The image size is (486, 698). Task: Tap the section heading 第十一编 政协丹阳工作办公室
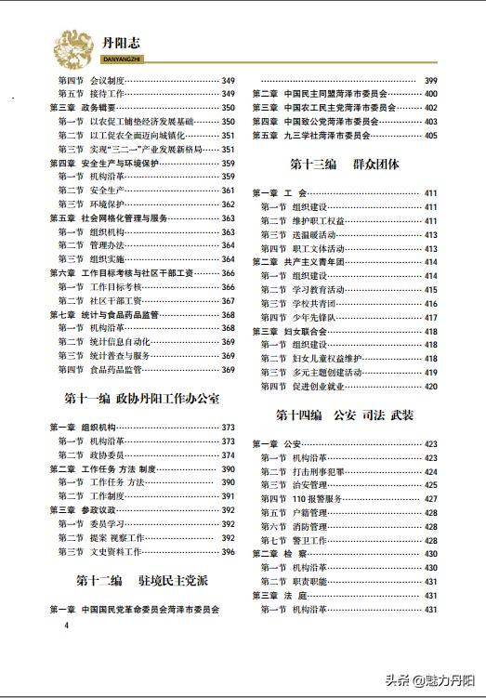[x=142, y=400]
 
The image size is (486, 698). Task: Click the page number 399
[x=430, y=81]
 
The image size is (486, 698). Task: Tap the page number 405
[x=430, y=136]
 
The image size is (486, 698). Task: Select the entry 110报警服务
[x=316, y=499]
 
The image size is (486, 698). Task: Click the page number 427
[x=430, y=499]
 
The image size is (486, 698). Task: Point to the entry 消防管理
[x=309, y=526]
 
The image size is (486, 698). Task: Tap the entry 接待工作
[x=109, y=94]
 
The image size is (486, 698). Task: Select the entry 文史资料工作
[x=116, y=551]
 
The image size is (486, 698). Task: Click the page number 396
[x=228, y=551]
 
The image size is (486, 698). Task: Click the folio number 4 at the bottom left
[x=66, y=626]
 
